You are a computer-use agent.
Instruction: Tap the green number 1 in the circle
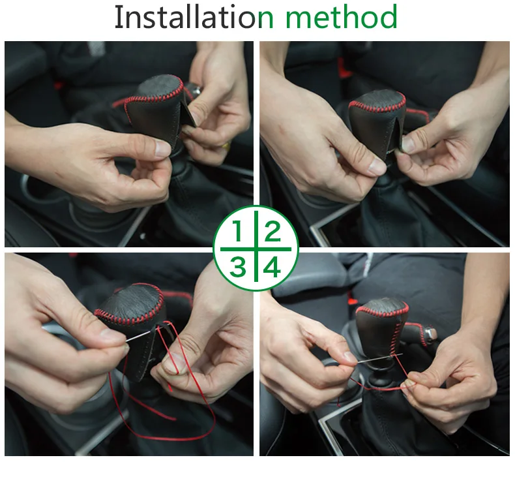[x=237, y=231]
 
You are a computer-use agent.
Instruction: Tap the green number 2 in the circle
[x=272, y=231]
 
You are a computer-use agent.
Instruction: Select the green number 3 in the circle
[x=238, y=266]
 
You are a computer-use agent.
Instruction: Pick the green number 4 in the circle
[x=272, y=266]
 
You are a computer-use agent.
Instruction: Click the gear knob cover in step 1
[x=154, y=108]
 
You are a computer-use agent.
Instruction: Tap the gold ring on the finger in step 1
[x=226, y=146]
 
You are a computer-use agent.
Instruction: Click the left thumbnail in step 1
[x=162, y=148]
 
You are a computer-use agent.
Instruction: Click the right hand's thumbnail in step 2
[x=408, y=144]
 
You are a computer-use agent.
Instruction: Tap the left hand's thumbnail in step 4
[x=349, y=358]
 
